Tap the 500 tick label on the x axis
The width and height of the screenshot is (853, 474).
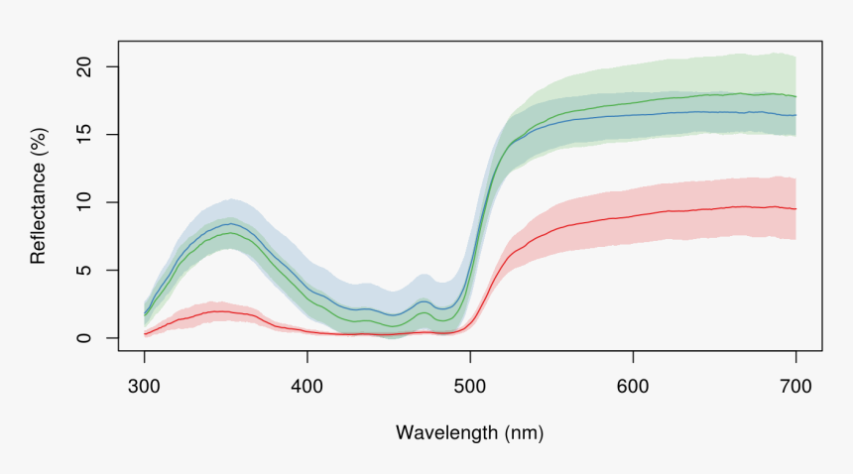coord(470,385)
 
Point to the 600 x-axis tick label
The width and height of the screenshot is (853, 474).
coord(633,385)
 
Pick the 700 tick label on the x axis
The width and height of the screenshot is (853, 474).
coord(795,385)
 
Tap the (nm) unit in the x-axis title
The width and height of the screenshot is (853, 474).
coord(524,432)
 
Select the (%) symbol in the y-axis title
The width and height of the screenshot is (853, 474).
coord(39,141)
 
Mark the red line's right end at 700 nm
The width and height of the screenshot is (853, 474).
coord(795,208)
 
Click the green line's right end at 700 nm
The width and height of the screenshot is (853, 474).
coord(795,96)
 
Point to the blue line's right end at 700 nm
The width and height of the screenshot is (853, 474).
coord(795,115)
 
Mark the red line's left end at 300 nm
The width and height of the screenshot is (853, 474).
coord(145,334)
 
